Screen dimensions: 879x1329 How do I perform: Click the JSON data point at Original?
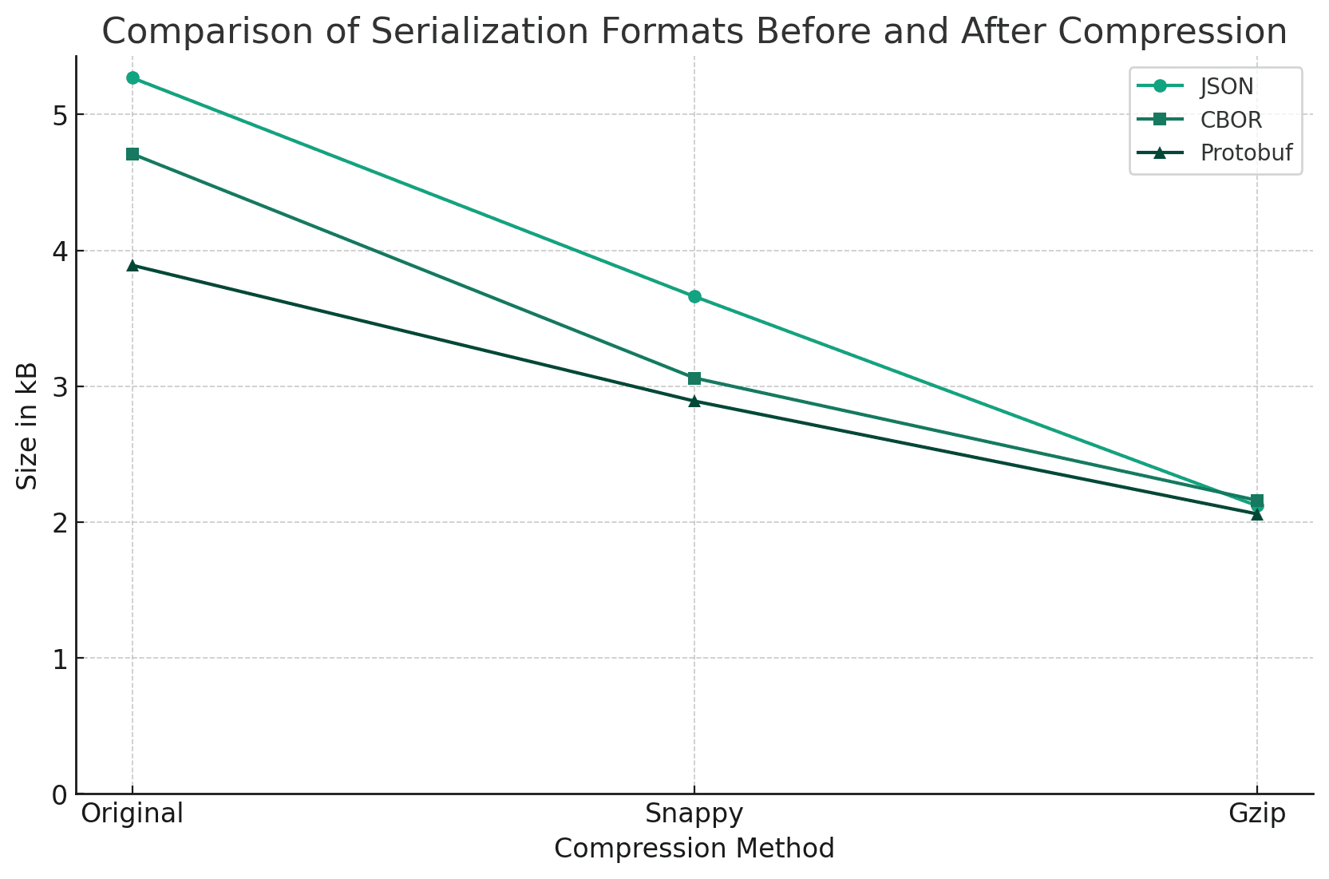pyautogui.click(x=133, y=77)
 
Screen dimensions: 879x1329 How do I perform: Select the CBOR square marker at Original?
pyautogui.click(x=133, y=154)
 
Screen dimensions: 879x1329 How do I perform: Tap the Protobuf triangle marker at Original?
pyautogui.click(x=133, y=265)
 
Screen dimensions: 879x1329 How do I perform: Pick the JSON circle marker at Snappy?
pyautogui.click(x=694, y=297)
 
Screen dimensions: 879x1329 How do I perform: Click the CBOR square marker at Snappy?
pyautogui.click(x=694, y=378)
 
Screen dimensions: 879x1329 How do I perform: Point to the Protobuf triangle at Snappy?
pyautogui.click(x=694, y=401)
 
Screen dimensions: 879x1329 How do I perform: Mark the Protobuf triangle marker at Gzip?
pyautogui.click(x=1257, y=515)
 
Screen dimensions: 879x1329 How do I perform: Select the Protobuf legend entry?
pyautogui.click(x=1246, y=153)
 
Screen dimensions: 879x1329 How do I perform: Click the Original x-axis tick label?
pyautogui.click(x=133, y=814)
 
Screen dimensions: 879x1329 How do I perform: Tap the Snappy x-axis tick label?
pyautogui.click(x=694, y=814)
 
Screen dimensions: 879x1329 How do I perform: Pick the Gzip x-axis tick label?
pyautogui.click(x=1257, y=814)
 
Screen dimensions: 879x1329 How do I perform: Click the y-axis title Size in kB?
pyautogui.click(x=28, y=426)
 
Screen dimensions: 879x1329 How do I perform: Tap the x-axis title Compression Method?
pyautogui.click(x=694, y=849)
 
